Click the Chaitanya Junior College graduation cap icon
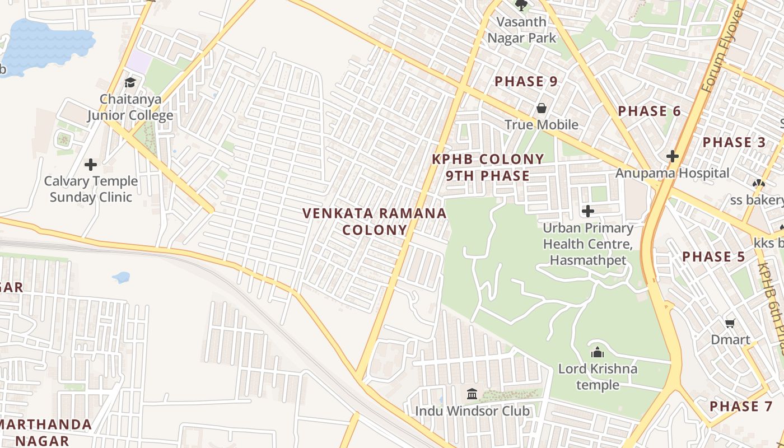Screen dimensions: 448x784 (130, 83)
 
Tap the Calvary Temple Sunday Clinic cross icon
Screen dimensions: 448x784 (90, 165)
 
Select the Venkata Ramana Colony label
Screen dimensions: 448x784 (375, 221)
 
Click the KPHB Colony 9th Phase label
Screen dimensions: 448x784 (488, 167)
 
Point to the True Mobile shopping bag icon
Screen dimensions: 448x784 (542, 108)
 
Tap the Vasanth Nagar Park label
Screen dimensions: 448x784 (522, 30)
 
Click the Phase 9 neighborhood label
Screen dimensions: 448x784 (526, 82)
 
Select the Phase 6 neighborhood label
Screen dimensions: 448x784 (649, 111)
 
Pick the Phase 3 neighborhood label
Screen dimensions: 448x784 (734, 142)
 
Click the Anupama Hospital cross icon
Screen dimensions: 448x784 (673, 156)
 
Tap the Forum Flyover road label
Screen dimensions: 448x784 (722, 50)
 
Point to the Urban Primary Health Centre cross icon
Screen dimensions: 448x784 (588, 211)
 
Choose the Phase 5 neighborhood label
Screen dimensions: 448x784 (713, 257)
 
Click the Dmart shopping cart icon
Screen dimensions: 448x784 (730, 323)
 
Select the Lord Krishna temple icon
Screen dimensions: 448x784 (598, 352)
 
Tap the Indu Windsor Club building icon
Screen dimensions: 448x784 (472, 394)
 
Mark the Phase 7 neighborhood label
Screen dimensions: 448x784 (741, 407)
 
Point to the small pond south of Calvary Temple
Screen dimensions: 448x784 (121, 277)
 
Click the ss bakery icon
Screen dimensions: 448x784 (758, 183)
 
